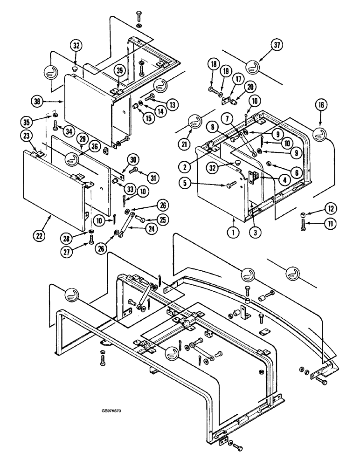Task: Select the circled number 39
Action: click(120, 70)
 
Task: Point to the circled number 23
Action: click(27, 136)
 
